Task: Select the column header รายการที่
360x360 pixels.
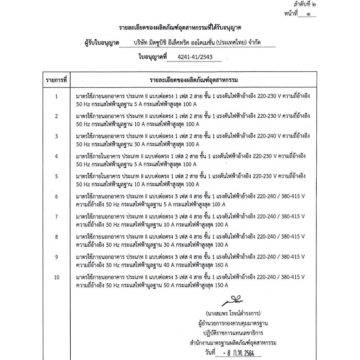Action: (57, 80)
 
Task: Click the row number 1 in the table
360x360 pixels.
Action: (57, 96)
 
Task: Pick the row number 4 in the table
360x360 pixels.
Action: (57, 156)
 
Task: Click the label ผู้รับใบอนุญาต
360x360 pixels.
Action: (100, 43)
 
